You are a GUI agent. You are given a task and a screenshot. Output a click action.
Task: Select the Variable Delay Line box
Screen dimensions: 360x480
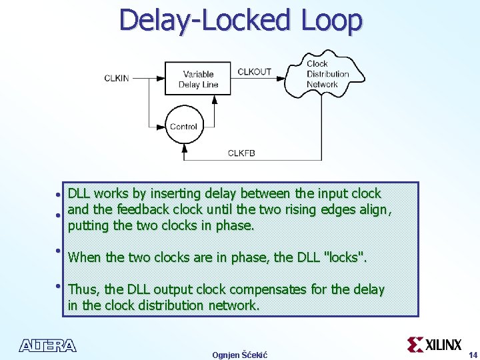(x=199, y=79)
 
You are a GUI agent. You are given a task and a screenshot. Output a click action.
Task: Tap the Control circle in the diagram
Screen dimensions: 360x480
(x=183, y=127)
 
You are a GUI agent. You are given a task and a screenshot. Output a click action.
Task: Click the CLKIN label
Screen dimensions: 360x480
(x=117, y=79)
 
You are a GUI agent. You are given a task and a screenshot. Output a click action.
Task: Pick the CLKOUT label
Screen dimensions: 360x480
(x=254, y=71)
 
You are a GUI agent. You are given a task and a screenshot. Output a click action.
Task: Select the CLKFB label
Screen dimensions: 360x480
(x=241, y=153)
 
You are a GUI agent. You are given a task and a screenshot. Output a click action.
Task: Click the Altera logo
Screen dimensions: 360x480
(x=48, y=345)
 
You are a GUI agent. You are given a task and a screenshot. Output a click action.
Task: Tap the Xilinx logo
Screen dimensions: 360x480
(x=434, y=344)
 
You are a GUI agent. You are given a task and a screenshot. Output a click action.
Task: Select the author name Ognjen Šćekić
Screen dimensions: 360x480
(x=239, y=355)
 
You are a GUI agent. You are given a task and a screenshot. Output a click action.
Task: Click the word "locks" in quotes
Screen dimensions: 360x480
(x=345, y=257)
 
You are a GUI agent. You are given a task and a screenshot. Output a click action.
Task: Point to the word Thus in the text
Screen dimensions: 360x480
(x=84, y=289)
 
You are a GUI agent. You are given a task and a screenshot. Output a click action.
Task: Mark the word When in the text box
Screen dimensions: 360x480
(x=85, y=257)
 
